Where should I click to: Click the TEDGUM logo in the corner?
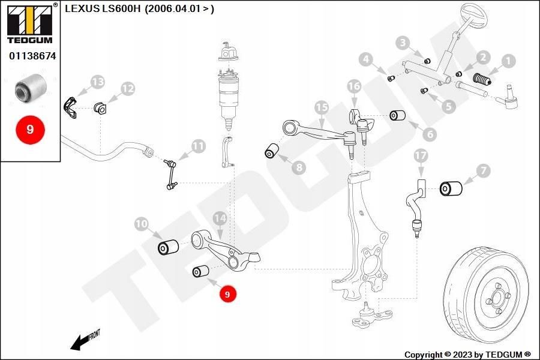point(30,23)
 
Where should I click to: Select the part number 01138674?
point(32,56)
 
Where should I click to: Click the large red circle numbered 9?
point(31,130)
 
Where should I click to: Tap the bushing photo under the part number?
point(31,88)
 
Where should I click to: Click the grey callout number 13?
point(98,82)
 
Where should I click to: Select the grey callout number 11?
point(199,146)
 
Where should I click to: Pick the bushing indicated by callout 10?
point(168,247)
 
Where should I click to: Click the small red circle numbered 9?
point(227,294)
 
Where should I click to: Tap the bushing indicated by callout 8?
point(272,151)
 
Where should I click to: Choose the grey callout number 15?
point(322,107)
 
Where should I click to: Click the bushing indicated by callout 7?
point(451,188)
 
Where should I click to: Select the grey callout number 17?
point(421,156)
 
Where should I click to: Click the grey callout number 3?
point(403,43)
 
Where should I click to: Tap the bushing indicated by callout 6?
point(397,115)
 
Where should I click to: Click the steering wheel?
point(473,14)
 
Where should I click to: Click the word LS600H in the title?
point(122,8)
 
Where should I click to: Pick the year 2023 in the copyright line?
point(463,355)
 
